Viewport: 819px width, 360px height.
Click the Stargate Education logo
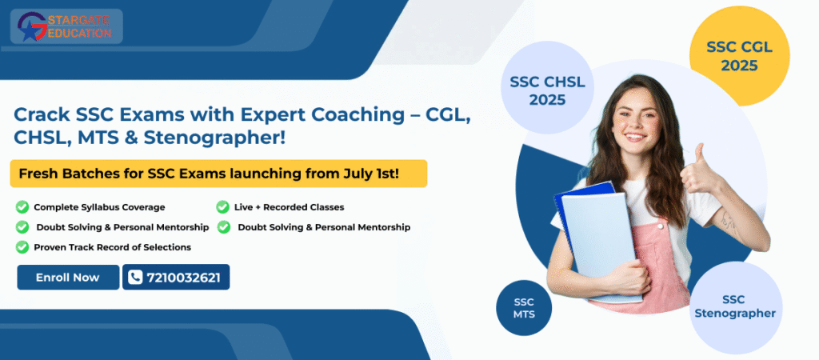[x=66, y=26]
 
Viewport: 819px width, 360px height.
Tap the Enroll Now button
[x=68, y=278]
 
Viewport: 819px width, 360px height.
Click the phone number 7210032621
[x=183, y=278]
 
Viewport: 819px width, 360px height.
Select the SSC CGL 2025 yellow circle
[x=739, y=56]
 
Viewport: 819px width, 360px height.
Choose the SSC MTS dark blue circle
[x=524, y=308]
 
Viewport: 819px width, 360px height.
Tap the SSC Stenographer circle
[x=736, y=306]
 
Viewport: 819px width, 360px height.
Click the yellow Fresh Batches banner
[x=218, y=174]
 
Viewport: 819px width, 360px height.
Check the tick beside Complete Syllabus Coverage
[x=22, y=207]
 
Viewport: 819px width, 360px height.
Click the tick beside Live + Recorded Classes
[x=222, y=207]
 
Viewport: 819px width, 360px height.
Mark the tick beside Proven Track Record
[x=22, y=246]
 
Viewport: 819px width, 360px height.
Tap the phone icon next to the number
[x=134, y=278]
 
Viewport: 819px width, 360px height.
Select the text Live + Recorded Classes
[x=289, y=207]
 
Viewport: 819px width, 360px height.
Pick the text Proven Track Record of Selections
[x=112, y=247]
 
